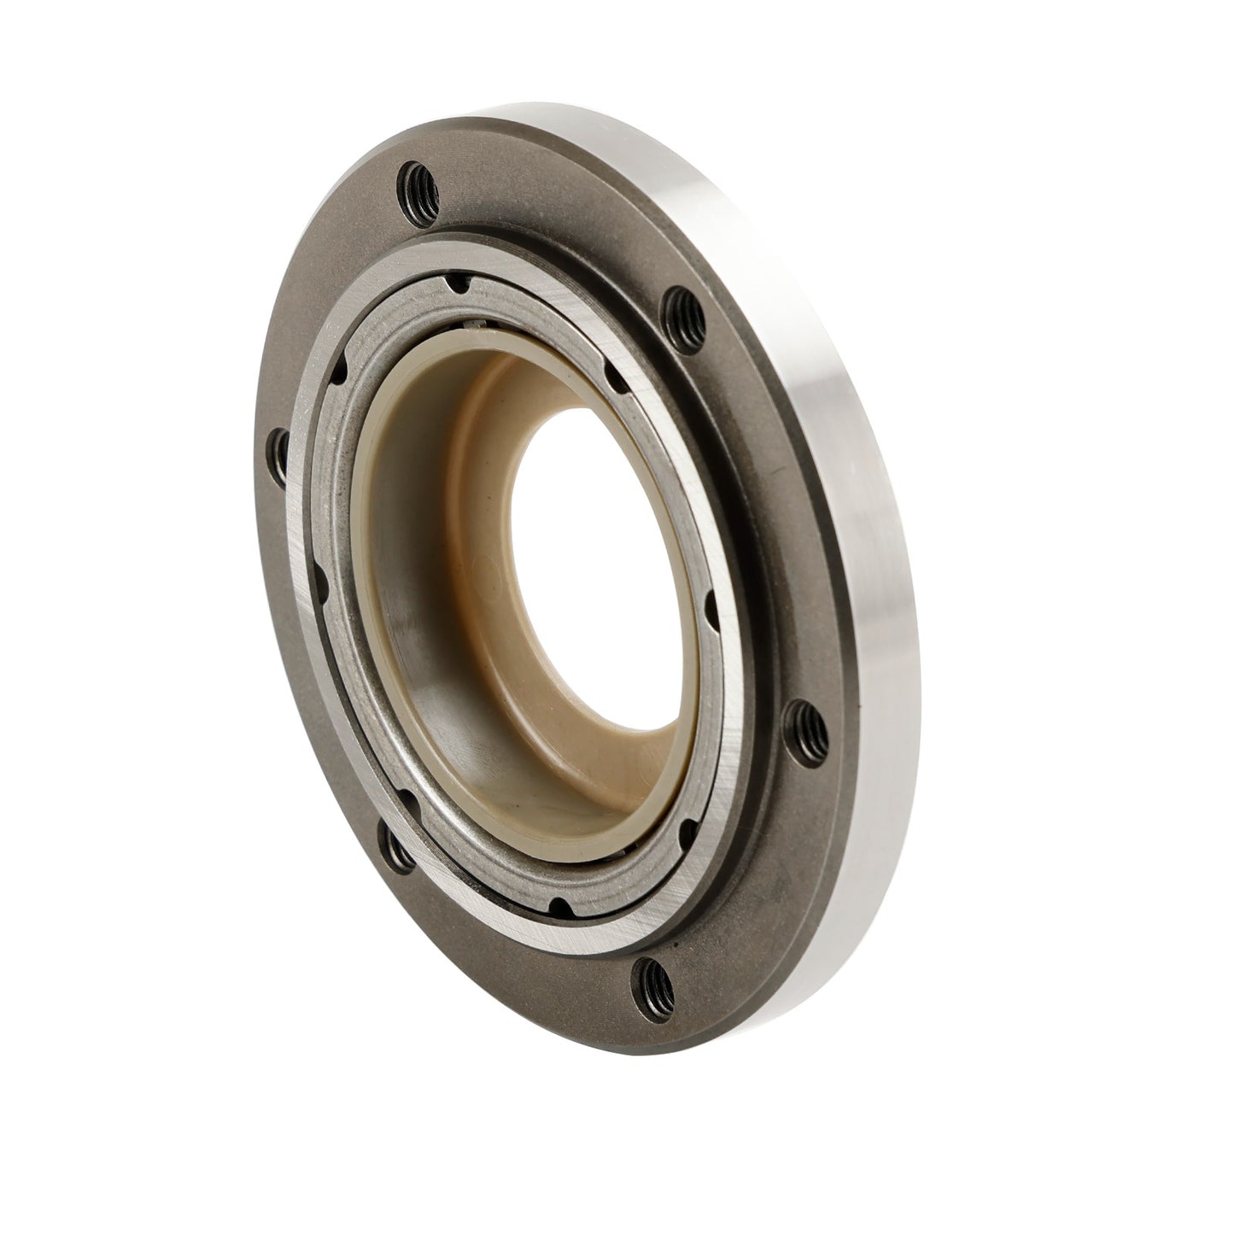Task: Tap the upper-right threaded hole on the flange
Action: click(x=681, y=303)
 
